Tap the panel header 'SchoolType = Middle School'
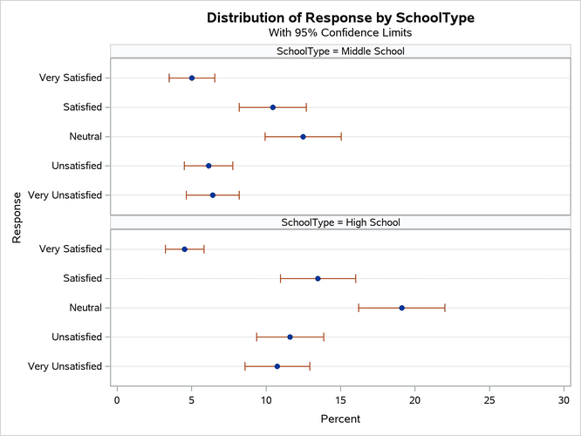(x=340, y=51)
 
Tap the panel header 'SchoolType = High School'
(x=340, y=222)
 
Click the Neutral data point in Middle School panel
(x=303, y=136)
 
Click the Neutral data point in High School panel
(x=401, y=308)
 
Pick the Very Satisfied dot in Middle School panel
(x=192, y=78)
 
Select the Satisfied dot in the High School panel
(x=318, y=278)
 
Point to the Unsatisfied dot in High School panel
(x=290, y=337)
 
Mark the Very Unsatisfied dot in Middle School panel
(x=212, y=195)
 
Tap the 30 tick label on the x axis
(x=564, y=400)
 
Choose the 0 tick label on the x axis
(x=117, y=400)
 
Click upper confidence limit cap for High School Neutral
(x=445, y=308)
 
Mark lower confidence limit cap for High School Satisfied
(x=280, y=278)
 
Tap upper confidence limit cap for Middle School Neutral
(x=341, y=136)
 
